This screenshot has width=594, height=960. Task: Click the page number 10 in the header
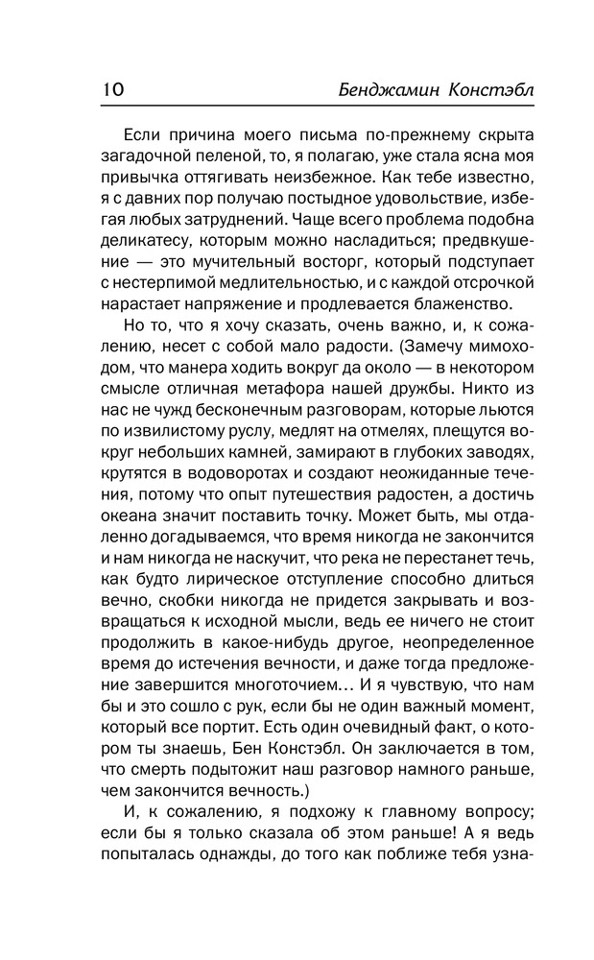coord(108,89)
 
